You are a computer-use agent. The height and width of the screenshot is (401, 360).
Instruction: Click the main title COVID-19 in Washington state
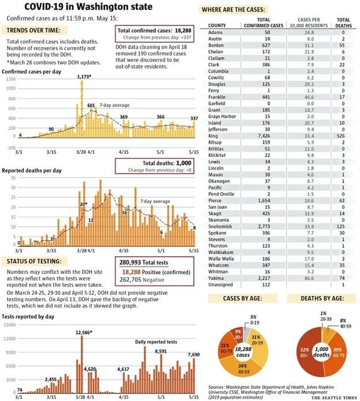point(80,8)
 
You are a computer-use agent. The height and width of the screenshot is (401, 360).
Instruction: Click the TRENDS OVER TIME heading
point(33,30)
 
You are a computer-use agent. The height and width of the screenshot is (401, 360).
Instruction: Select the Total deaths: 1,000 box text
point(154,163)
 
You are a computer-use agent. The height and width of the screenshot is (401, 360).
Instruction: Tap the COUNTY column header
point(216,25)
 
